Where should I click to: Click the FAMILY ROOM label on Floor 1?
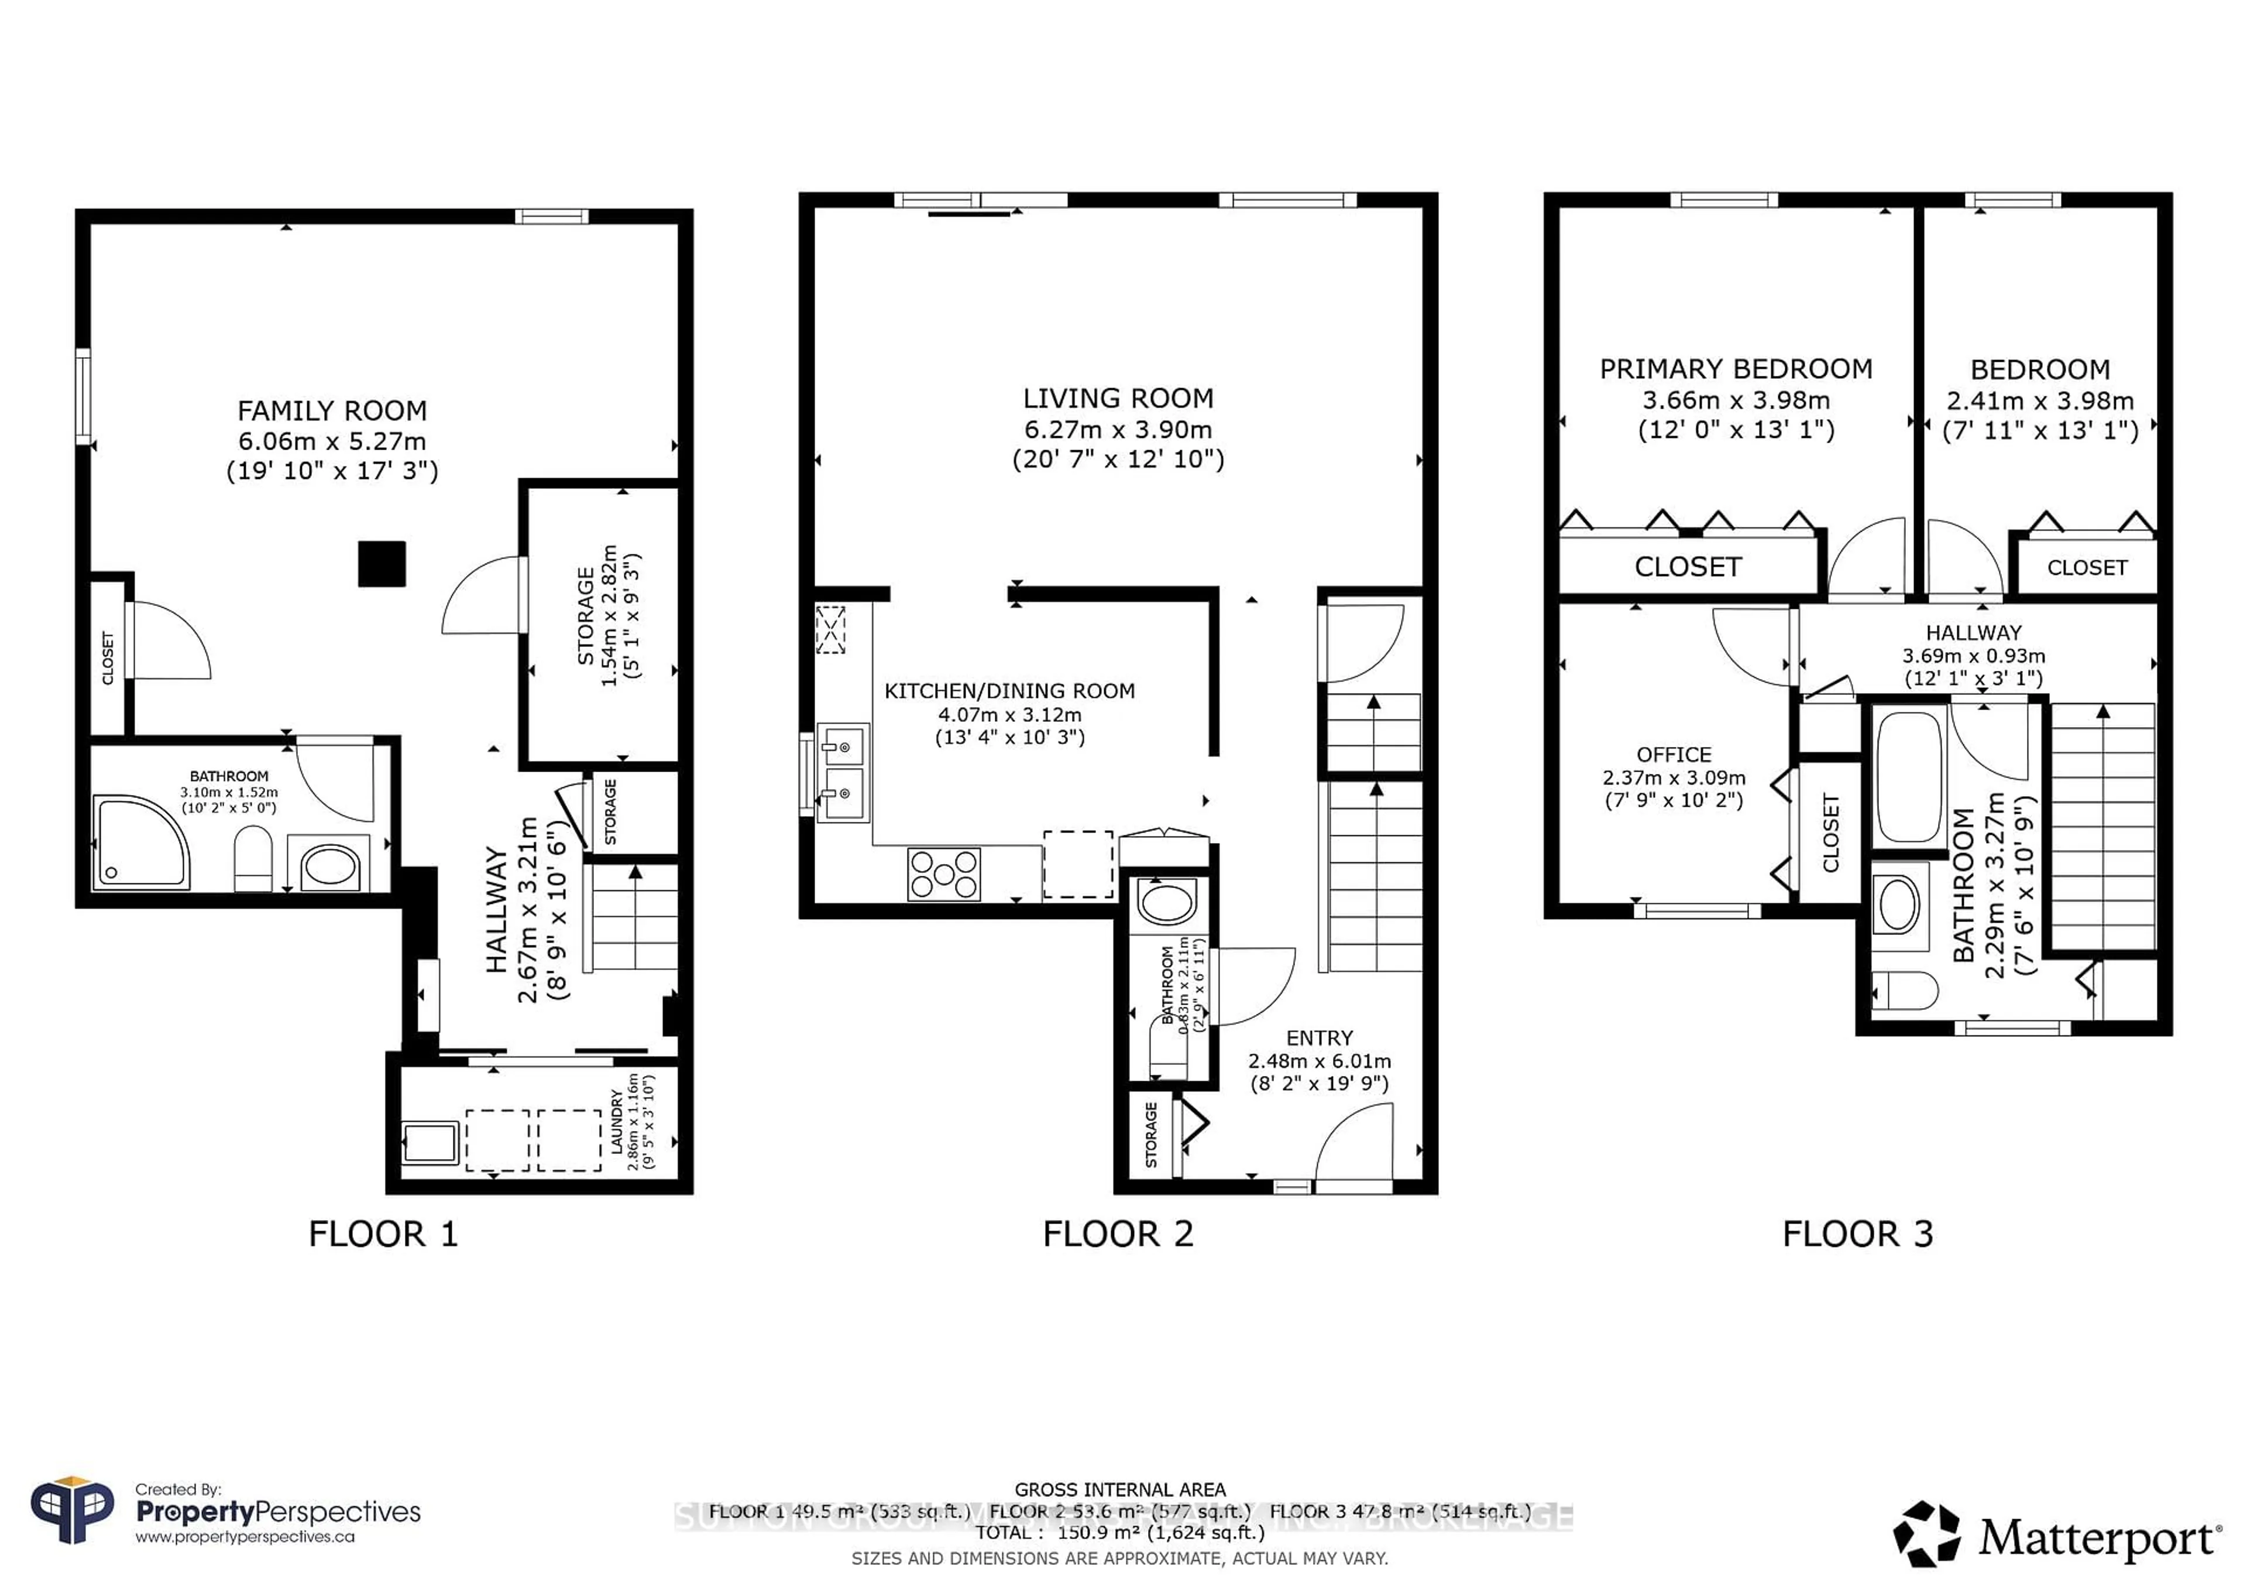(332, 411)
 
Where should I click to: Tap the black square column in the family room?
(382, 564)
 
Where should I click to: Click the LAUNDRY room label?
(617, 1122)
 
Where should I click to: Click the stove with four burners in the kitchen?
(943, 874)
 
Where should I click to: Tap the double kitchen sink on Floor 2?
(841, 773)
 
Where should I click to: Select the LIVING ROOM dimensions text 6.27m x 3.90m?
(1118, 430)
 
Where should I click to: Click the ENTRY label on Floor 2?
(1319, 1038)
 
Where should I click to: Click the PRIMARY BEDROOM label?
(1735, 369)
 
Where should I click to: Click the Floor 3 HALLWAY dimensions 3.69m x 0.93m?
(1973, 656)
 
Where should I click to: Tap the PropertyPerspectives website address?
(245, 1537)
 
